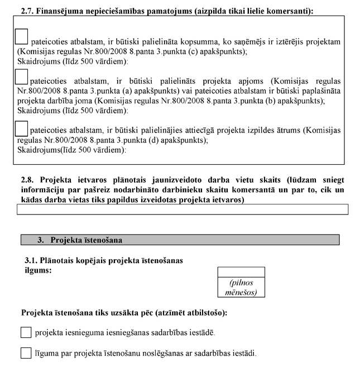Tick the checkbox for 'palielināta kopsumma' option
click(x=21, y=36)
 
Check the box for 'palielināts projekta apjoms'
click(x=21, y=76)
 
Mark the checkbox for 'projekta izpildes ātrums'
click(x=21, y=128)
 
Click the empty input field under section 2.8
click(x=183, y=209)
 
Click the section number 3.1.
click(x=31, y=261)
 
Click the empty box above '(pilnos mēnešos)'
click(x=240, y=272)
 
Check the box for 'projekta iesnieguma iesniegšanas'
click(x=26, y=332)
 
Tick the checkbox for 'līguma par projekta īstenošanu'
click(x=26, y=353)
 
